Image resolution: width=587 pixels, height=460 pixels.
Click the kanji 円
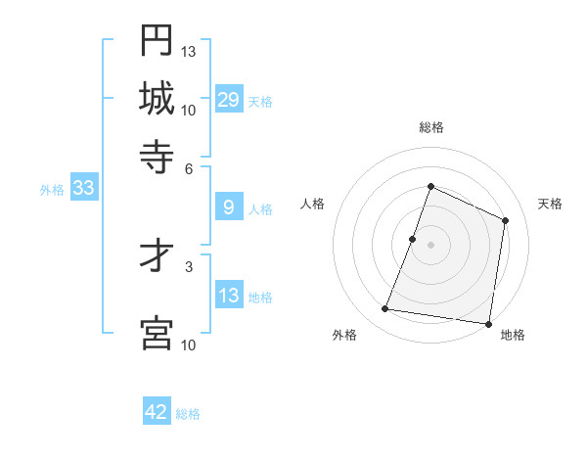tap(157, 40)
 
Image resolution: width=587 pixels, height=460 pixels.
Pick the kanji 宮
tap(157, 332)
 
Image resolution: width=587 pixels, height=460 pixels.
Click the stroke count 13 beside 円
tap(189, 51)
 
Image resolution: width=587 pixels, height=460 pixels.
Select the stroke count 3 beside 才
tap(189, 265)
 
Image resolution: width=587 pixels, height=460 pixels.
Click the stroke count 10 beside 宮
tap(189, 344)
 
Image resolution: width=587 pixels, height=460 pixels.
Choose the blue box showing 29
tap(229, 100)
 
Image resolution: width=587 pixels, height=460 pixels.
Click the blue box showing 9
tap(229, 207)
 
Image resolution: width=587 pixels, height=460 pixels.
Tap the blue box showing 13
tap(229, 296)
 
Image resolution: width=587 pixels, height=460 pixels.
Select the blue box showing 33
tap(83, 189)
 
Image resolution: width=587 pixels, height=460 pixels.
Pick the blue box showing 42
tap(157, 412)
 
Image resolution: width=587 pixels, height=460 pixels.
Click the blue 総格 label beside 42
tap(188, 414)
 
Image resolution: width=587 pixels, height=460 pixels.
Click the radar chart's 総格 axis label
tap(431, 127)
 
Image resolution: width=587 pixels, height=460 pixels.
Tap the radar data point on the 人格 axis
tap(413, 239)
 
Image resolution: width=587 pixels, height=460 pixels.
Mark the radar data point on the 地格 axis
tap(488, 323)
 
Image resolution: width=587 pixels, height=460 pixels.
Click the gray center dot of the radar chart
tap(431, 245)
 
